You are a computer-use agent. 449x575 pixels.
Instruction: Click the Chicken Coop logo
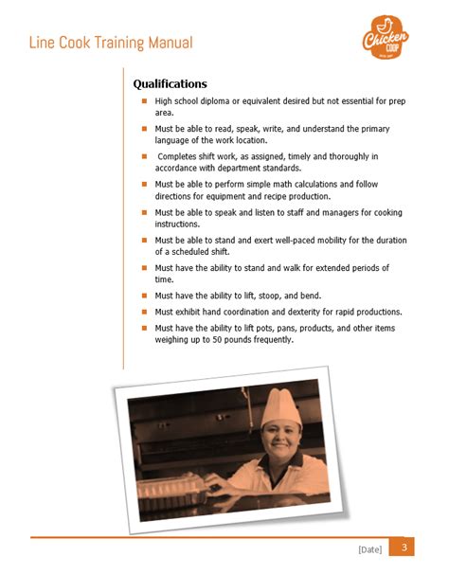pos(386,39)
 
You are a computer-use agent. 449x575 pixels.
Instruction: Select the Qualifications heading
pos(170,83)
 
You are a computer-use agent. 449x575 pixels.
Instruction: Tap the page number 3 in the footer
pos(404,548)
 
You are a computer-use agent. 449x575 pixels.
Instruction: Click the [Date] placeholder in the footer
pos(369,549)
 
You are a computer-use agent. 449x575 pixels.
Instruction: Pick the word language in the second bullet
pos(175,140)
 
